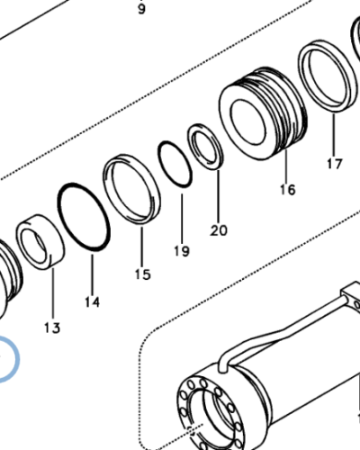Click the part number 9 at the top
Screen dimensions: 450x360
pyautogui.click(x=140, y=10)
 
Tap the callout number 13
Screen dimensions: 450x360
pyautogui.click(x=52, y=328)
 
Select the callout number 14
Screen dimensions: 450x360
pyautogui.click(x=92, y=301)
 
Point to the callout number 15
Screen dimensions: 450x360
pyautogui.click(x=142, y=274)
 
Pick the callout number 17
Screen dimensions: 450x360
pyautogui.click(x=335, y=164)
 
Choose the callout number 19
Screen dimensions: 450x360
pyautogui.click(x=182, y=250)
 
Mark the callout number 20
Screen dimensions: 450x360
pyautogui.click(x=219, y=229)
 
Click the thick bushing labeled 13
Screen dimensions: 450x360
pyautogui.click(x=40, y=240)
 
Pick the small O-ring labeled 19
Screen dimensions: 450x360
pyautogui.click(x=175, y=163)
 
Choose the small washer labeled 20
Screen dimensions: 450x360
pyautogui.click(x=205, y=147)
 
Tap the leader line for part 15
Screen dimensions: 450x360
pyautogui.click(x=141, y=243)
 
